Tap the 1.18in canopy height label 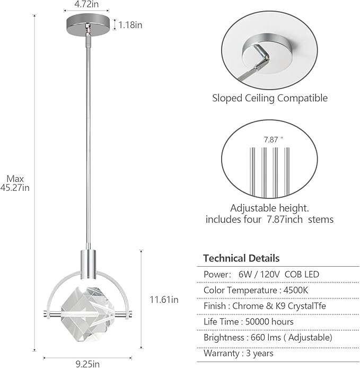[130, 24]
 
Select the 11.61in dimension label [163, 300]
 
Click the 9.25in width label [87, 364]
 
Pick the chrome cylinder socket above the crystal [88, 260]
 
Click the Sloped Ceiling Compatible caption [270, 98]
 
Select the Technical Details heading [241, 259]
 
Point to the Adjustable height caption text [269, 208]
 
